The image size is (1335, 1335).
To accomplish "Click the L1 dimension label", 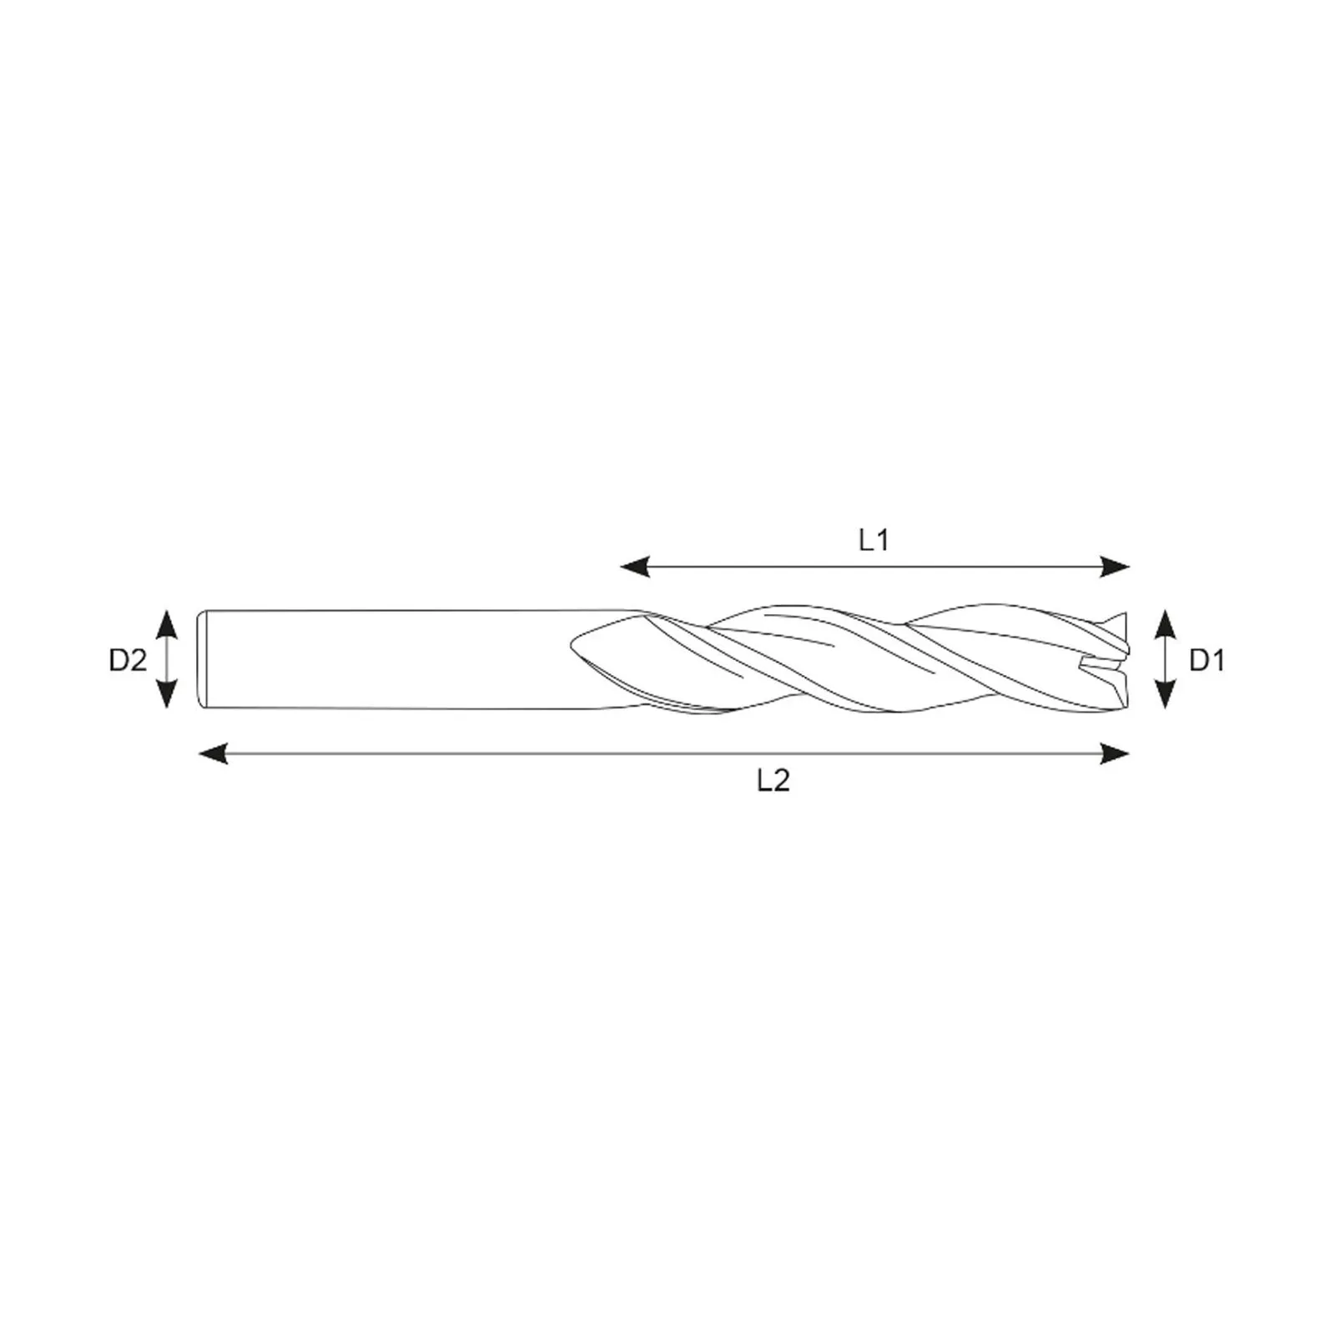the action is pyautogui.click(x=874, y=541).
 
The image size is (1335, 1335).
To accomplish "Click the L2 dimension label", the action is pyautogui.click(x=773, y=781).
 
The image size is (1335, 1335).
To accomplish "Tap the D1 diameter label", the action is pyautogui.click(x=1207, y=661).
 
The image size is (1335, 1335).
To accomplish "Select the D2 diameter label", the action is pyautogui.click(x=128, y=661).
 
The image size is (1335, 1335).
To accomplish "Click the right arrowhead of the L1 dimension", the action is pyautogui.click(x=1116, y=567).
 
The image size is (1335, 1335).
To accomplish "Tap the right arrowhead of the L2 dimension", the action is pyautogui.click(x=1116, y=754).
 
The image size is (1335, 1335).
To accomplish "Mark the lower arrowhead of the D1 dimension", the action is pyautogui.click(x=1166, y=694).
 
